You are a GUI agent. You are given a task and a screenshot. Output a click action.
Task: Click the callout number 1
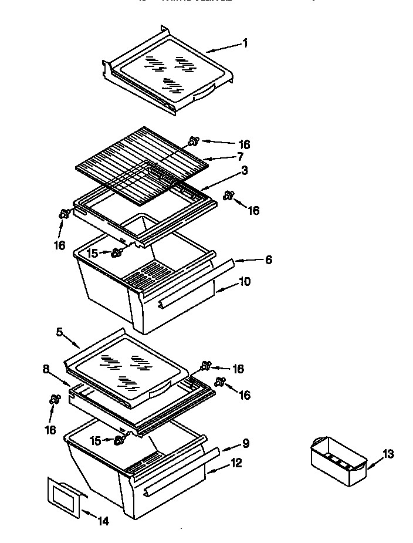click(245, 43)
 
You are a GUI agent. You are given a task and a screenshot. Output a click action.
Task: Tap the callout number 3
click(245, 171)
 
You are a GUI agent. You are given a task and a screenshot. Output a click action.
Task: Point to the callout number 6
click(268, 259)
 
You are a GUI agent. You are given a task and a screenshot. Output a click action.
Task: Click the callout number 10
click(245, 282)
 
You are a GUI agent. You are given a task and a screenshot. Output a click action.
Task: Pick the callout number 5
click(59, 332)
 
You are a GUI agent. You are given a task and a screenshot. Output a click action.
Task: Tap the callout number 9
click(246, 444)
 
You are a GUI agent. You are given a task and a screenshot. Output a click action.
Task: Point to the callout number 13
click(388, 453)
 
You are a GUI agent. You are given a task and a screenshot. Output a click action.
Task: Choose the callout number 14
click(103, 520)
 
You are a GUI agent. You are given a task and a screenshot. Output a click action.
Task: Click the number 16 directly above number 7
click(245, 144)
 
